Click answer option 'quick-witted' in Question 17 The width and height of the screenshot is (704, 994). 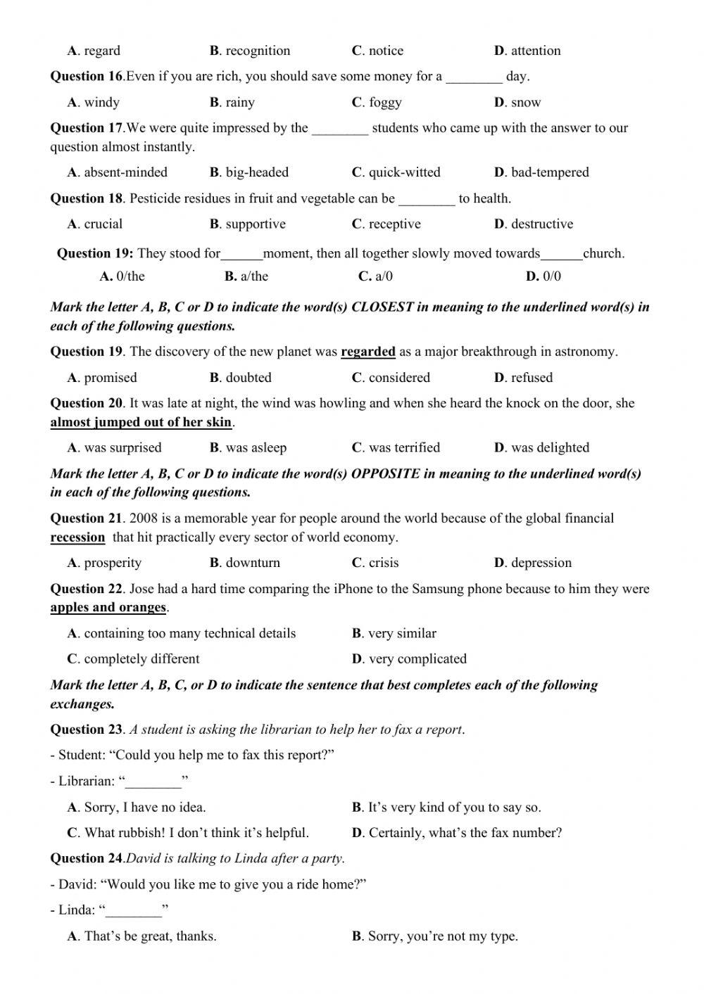pos(404,172)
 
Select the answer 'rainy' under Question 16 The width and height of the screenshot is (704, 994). pos(239,103)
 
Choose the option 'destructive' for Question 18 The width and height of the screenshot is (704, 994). pos(541,224)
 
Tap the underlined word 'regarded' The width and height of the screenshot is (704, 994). pos(367,352)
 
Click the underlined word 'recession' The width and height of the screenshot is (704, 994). pos(77,537)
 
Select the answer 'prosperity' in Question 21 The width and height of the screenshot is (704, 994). pos(112,563)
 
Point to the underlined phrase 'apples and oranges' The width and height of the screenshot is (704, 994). pos(108,608)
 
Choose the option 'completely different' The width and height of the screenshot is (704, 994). pos(142,659)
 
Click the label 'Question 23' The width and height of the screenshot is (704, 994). pos(87,729)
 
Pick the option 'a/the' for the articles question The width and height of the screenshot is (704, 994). pos(246,276)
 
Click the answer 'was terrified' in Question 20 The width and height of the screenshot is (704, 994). pos(403,448)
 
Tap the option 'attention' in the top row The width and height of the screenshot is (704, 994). pos(535,51)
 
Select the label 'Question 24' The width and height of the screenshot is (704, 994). pos(87,858)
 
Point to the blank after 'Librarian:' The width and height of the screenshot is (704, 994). pos(153,782)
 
